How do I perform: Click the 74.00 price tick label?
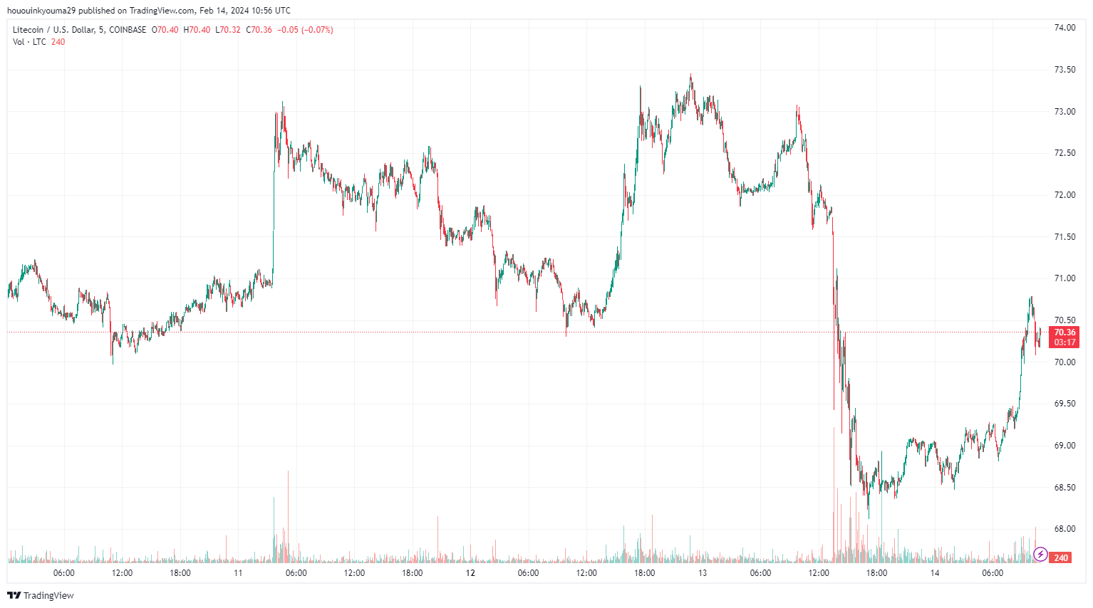[1064, 28]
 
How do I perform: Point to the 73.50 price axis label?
[1064, 70]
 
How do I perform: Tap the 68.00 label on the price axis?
[1064, 529]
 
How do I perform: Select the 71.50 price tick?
[1064, 236]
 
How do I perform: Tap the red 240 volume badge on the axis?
[1061, 558]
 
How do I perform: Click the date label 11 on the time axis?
[238, 573]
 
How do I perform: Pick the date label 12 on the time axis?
[470, 573]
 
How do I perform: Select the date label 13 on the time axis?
[703, 573]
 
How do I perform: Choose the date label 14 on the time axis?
[934, 573]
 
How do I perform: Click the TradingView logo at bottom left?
[41, 595]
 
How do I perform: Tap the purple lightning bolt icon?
[1040, 554]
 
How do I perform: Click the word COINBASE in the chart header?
[128, 30]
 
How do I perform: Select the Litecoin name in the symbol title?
[28, 30]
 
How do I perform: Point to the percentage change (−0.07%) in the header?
[317, 30]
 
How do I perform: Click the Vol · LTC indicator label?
[29, 42]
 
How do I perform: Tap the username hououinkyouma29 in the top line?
[41, 11]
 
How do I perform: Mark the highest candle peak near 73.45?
[690, 76]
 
